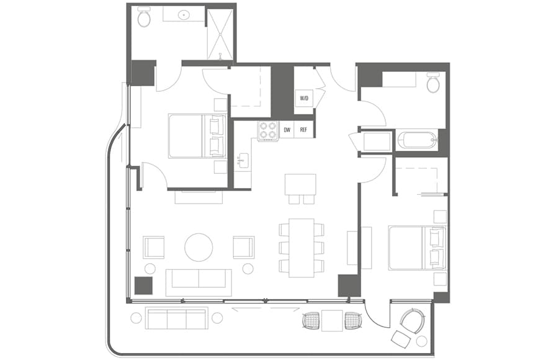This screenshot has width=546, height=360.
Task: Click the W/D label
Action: point(304,98)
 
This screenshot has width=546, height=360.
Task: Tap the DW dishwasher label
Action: point(287,130)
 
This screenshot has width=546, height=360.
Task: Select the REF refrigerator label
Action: point(304,130)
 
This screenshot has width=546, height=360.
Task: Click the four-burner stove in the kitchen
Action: point(267,130)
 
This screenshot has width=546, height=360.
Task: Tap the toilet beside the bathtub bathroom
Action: point(433,83)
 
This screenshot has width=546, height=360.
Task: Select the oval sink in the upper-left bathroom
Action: point(184,14)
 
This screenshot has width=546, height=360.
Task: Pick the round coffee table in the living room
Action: point(199,247)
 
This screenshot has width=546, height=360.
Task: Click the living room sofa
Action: point(199,282)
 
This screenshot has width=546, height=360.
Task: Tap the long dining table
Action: point(302,247)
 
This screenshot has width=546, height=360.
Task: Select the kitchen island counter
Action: point(300,184)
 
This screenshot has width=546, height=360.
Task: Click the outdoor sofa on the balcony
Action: point(176,318)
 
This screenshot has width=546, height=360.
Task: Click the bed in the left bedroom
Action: point(197,136)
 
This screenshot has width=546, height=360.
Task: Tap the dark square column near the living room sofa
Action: point(143,286)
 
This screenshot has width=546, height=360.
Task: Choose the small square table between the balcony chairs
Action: point(332,320)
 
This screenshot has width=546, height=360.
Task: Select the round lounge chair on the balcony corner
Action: point(411,321)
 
